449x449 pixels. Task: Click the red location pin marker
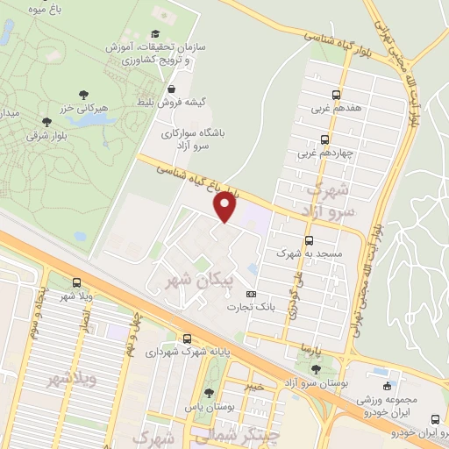pos(225,206)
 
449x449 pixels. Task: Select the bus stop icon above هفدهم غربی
pos(337,96)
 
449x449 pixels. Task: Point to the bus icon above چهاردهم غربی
pos(324,139)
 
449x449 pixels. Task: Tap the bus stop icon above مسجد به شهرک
pos(308,240)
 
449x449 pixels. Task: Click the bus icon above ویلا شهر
pos(76,282)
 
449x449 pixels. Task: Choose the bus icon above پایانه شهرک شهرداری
pos(187,339)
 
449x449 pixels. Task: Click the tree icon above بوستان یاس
pos(208,394)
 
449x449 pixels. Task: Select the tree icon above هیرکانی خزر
pos(83,93)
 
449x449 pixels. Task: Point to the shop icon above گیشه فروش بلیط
pos(171,89)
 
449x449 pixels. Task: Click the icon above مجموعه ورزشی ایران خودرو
pos(386,385)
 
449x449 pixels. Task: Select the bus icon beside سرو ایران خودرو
pos(445,420)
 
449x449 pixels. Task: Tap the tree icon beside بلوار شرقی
pos(46,122)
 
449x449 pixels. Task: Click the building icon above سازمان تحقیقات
pos(157,16)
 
